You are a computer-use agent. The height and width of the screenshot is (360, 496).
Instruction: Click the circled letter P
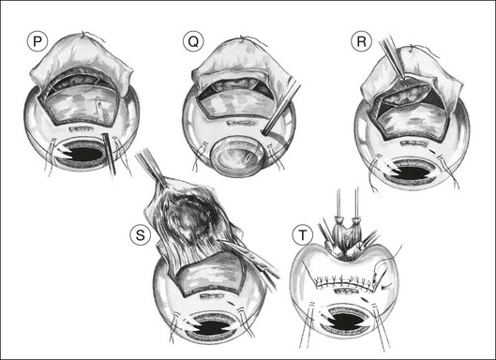tap(37, 42)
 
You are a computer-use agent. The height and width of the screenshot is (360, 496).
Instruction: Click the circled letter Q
tap(193, 42)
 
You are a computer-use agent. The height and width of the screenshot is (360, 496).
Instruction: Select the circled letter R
tap(362, 42)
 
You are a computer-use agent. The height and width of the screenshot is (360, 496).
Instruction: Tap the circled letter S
tap(140, 235)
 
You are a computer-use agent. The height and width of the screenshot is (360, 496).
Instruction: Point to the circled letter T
tap(303, 235)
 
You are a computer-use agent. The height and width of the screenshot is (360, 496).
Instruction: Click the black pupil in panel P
tap(83, 154)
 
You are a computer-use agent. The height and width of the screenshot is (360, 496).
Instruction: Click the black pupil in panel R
tap(412, 172)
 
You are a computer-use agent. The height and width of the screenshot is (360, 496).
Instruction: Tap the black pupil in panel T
tap(346, 321)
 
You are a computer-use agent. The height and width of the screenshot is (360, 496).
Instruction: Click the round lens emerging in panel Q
tap(237, 156)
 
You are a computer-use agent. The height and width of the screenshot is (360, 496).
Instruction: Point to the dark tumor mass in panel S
tap(188, 218)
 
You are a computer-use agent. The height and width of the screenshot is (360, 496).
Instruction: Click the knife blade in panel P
tap(109, 154)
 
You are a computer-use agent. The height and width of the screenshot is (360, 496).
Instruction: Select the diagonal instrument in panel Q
tap(280, 108)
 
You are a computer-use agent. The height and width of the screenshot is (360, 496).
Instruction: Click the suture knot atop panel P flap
tap(83, 34)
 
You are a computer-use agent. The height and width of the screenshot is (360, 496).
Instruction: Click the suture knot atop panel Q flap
tap(242, 39)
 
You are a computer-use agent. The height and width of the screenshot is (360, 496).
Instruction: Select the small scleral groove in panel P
tap(82, 128)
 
